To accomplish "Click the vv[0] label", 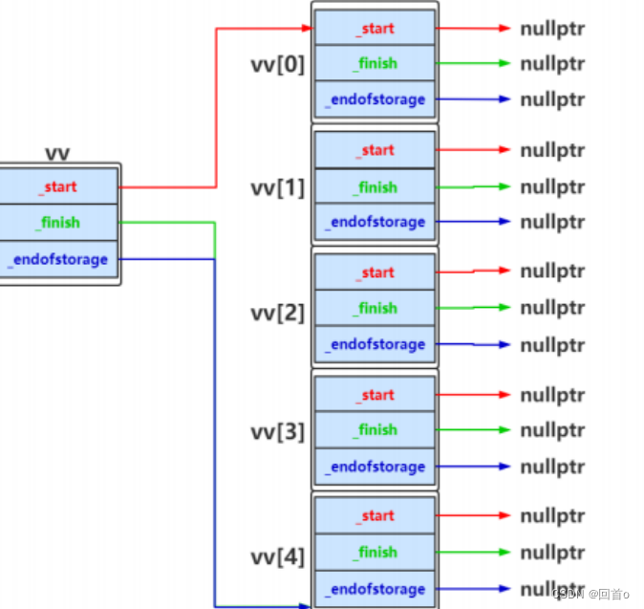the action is pos(278,65).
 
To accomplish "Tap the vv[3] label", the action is pos(278,432).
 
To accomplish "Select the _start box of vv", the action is pos(58,186).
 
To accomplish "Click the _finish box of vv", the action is pos(58,223).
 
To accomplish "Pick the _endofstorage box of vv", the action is pos(58,259).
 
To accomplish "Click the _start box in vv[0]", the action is pos(375,28).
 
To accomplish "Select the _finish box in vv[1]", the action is pos(375,187).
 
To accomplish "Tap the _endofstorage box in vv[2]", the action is pos(375,344).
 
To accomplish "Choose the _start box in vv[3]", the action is pos(375,395).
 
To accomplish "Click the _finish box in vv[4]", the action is pos(375,552).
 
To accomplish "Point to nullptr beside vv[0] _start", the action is pos(552,30).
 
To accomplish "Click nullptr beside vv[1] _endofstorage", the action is pos(552,223).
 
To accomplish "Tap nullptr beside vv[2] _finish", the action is pos(552,308).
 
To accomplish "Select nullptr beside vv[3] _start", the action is pos(552,396).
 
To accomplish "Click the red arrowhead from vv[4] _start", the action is pos(504,515).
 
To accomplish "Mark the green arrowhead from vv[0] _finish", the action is pos(504,63).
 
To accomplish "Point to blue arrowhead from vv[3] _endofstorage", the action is pos(504,467).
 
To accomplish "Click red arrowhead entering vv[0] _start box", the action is pos(308,28).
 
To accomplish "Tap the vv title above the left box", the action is pos(57,154).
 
